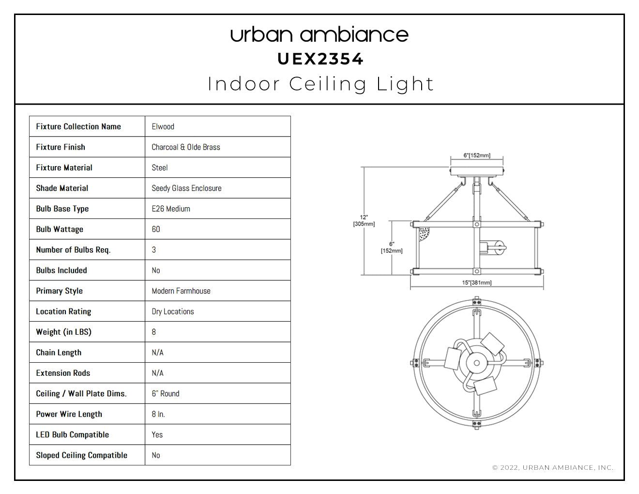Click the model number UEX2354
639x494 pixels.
(x=320, y=59)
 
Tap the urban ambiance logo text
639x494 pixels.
(x=319, y=34)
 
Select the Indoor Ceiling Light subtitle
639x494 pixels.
(x=320, y=84)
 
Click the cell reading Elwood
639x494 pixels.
(x=163, y=126)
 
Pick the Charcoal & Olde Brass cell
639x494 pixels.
(x=186, y=147)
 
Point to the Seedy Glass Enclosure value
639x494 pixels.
(x=186, y=188)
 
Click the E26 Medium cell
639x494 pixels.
(x=171, y=209)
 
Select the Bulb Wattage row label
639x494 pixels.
(x=60, y=229)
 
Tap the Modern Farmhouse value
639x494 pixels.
(x=181, y=291)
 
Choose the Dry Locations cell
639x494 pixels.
(x=173, y=311)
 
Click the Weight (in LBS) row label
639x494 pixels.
(x=64, y=332)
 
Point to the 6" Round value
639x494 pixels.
(x=166, y=394)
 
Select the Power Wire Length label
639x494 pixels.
(x=69, y=414)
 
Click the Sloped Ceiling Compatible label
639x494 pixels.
(x=82, y=455)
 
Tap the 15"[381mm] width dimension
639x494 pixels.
(x=477, y=283)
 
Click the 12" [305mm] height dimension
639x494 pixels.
(x=364, y=221)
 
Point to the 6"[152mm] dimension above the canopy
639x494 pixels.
(x=477, y=155)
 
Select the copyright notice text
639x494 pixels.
(x=553, y=467)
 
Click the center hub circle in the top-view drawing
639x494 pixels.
(x=477, y=363)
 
